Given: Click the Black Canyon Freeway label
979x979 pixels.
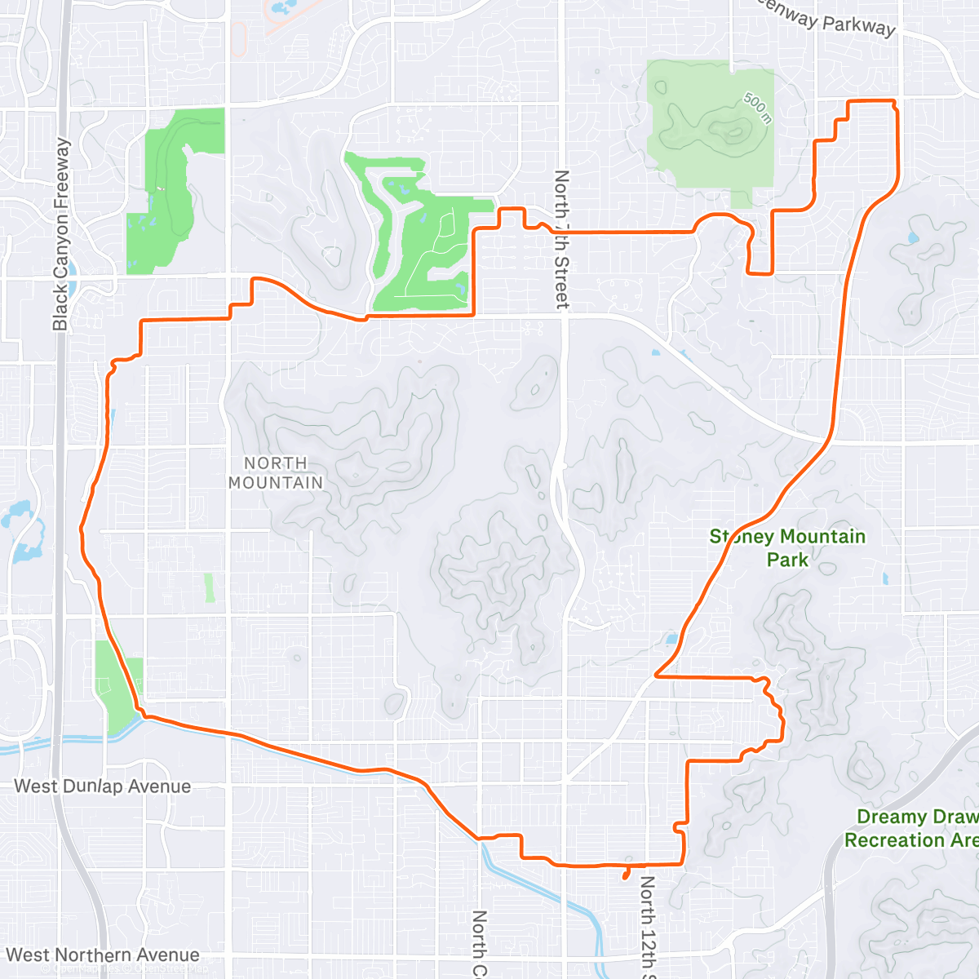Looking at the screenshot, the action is (61, 235).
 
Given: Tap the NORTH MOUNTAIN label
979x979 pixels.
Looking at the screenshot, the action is (276, 473).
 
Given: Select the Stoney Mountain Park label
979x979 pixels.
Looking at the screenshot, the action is (787, 547).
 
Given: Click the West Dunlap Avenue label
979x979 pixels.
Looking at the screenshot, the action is (103, 786).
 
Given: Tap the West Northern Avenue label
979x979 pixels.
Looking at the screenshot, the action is (103, 955).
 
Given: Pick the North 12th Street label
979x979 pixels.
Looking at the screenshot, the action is (647, 926).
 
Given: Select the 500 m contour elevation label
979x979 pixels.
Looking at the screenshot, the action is (756, 107).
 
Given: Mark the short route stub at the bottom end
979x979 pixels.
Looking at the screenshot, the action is (626, 872).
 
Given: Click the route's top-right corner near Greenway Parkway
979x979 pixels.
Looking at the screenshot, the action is (894, 102).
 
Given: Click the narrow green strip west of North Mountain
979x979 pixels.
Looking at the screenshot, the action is (210, 587).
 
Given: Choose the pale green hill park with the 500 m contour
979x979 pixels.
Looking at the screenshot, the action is (710, 131).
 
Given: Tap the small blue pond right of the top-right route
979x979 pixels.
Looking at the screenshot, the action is (912, 239).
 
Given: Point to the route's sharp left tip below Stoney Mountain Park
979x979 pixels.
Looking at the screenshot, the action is (658, 676).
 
